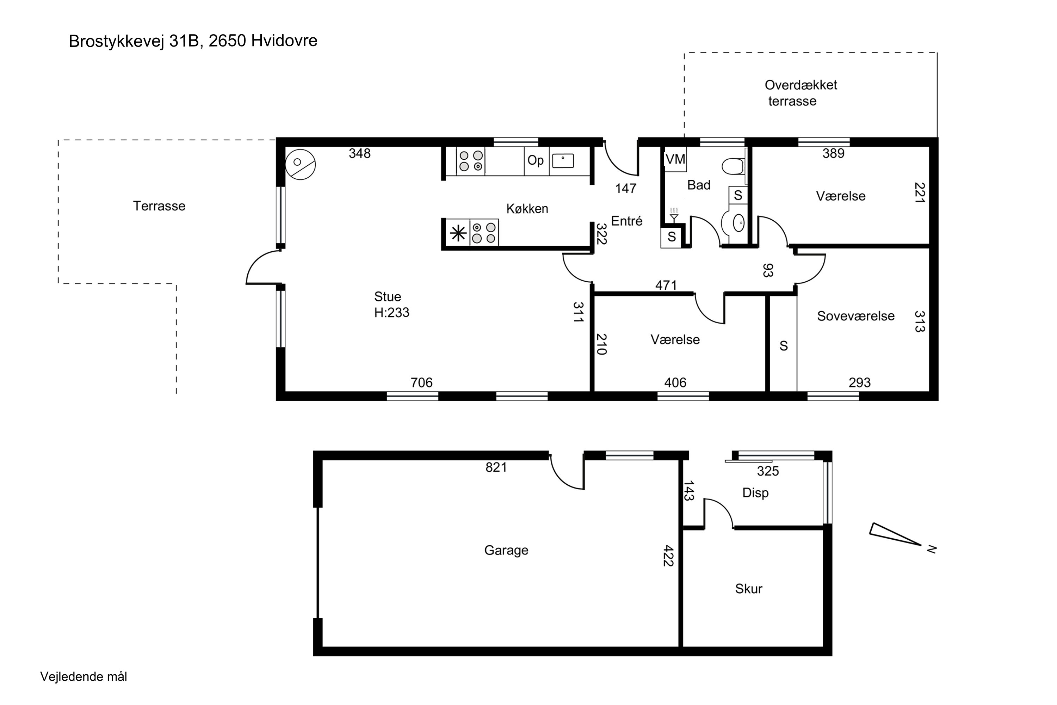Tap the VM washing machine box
675,159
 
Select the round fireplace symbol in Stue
300,165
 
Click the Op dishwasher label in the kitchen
535,160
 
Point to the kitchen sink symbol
563,160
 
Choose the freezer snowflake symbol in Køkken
458,233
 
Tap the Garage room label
506,550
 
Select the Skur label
749,589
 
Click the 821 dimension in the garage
496,468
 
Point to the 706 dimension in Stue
421,382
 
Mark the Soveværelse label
856,316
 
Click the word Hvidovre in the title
284,41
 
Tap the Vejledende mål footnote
84,677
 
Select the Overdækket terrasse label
801,93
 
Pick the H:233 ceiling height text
391,312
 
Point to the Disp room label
755,493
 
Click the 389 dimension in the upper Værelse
834,153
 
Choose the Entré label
627,221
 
